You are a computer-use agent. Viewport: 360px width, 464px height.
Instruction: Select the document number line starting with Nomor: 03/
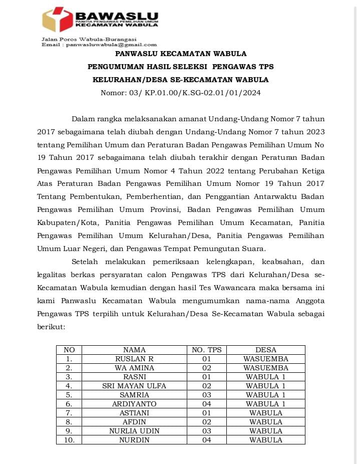click(x=180, y=93)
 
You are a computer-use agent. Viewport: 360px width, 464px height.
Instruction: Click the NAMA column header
click(x=134, y=350)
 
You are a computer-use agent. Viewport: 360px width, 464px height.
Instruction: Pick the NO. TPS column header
click(x=207, y=350)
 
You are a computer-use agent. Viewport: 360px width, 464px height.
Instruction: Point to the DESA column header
click(x=265, y=350)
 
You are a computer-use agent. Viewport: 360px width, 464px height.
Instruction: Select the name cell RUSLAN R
click(x=134, y=359)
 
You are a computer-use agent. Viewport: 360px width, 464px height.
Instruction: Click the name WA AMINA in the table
click(x=134, y=368)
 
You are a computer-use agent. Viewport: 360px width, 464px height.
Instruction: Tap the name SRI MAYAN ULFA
click(x=134, y=386)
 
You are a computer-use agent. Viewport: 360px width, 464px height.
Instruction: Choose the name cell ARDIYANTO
click(x=134, y=404)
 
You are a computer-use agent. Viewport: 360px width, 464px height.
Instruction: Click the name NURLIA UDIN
click(x=134, y=431)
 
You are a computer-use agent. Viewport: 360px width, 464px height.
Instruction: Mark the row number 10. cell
click(x=69, y=440)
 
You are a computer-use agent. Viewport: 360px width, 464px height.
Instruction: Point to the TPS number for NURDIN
click(x=207, y=440)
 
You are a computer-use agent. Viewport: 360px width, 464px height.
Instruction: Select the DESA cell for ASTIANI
click(x=265, y=413)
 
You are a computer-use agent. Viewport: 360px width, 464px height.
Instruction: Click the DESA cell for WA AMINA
click(x=265, y=368)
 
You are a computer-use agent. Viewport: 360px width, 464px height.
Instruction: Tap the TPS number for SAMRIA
click(x=207, y=395)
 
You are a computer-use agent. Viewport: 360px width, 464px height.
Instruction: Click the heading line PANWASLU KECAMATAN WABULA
click(x=180, y=54)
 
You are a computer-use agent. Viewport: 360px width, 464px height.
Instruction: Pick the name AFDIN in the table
click(x=134, y=422)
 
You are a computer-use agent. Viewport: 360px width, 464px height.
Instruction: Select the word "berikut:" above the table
click(x=51, y=326)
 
